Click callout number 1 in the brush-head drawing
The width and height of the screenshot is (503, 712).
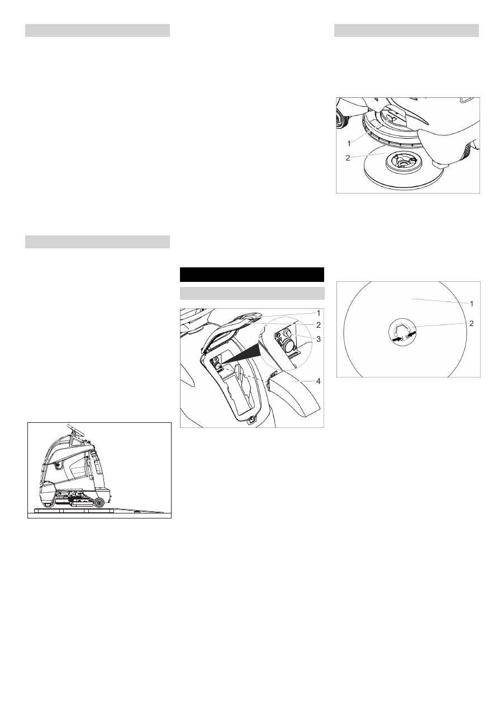349,144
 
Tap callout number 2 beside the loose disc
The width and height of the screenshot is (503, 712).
348,158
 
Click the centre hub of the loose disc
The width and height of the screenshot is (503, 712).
402,162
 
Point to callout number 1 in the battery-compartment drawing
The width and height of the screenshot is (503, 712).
319,313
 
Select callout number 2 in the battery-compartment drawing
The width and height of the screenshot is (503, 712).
318,325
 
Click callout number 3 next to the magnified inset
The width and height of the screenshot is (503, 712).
318,339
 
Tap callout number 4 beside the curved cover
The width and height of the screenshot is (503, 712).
319,381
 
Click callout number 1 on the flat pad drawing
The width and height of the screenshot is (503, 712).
472,304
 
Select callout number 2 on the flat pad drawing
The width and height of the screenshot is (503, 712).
472,323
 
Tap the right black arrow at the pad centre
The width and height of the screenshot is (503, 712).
411,334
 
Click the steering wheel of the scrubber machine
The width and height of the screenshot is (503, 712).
78,430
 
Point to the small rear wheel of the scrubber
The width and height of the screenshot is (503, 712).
99,502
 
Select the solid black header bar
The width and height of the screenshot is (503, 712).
252,275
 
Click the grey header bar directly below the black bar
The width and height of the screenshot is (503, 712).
252,294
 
